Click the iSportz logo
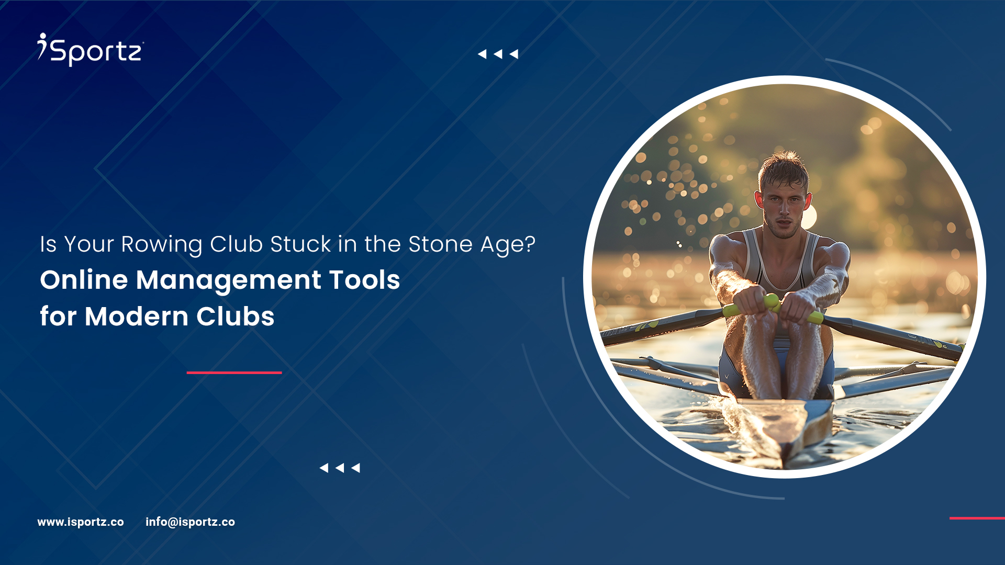(91, 50)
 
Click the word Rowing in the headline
(161, 244)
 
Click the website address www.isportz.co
(81, 522)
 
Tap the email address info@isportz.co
(190, 522)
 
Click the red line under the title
(234, 372)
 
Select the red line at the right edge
(977, 518)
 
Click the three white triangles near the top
(498, 54)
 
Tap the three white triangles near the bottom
(340, 468)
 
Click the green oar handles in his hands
(773, 308)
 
